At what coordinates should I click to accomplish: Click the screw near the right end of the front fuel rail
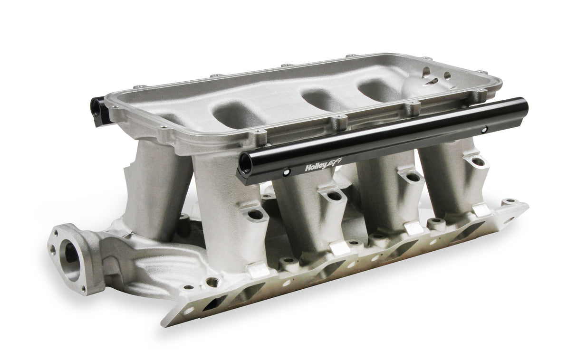484,129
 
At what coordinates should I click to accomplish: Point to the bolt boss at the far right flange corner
510,202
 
